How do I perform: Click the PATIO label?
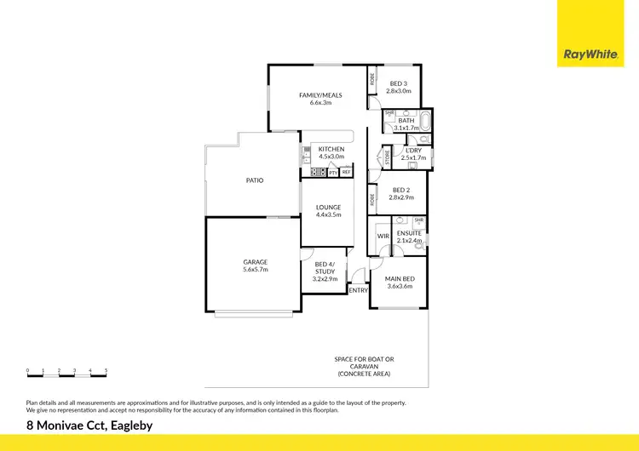click(255, 180)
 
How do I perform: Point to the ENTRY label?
click(359, 290)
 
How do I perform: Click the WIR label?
click(383, 236)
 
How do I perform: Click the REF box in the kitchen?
click(346, 173)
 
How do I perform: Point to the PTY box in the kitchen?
click(333, 173)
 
